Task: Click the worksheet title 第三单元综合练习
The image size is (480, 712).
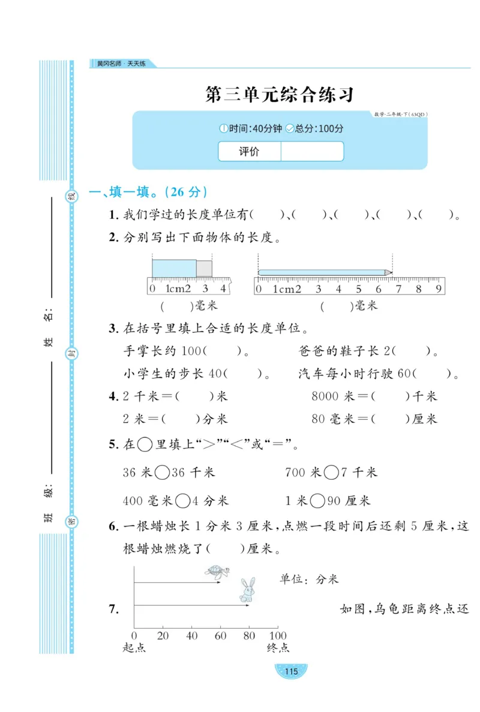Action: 279,95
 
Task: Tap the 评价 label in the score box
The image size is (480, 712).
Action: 249,152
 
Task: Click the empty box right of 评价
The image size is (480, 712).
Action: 312,152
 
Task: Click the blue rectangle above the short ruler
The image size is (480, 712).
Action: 174,268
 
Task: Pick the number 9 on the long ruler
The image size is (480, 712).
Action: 438,289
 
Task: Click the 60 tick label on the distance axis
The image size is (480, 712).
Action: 220,635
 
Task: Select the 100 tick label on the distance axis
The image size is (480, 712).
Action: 277,635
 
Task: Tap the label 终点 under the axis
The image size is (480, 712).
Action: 277,648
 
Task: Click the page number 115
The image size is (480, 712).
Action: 290,671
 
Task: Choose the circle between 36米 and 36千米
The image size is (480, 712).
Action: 162,473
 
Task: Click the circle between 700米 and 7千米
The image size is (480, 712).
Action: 331,473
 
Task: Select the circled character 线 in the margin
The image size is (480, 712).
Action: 71,196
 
